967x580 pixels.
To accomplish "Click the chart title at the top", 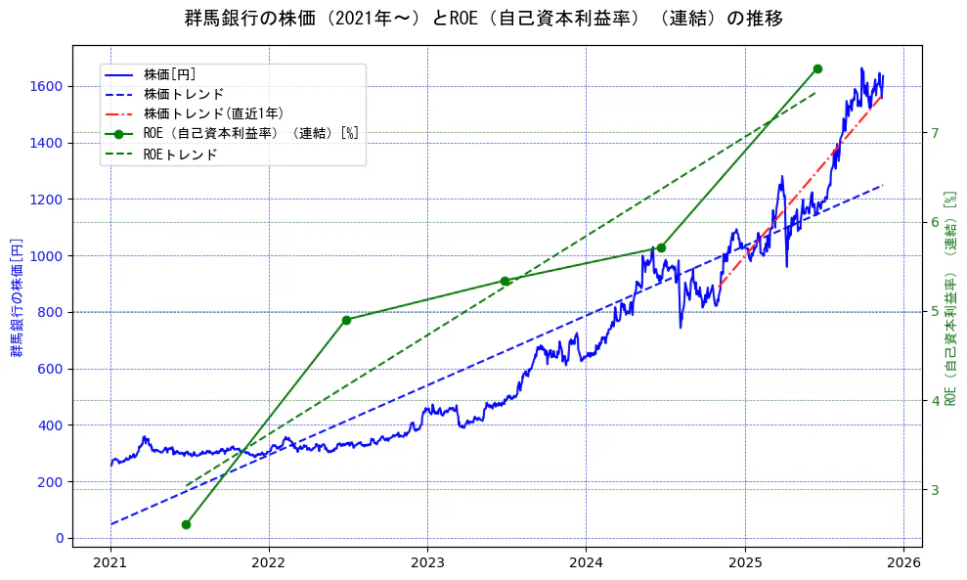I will tap(483, 19).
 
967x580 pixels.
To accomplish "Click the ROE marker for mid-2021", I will tap(186, 524).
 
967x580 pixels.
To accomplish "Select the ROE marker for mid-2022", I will tap(346, 320).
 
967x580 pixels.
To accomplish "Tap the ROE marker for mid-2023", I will tap(505, 281).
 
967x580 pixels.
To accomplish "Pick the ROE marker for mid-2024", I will tap(661, 247).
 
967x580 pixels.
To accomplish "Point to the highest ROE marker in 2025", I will tap(817, 68).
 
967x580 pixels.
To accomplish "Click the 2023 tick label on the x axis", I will tap(427, 564).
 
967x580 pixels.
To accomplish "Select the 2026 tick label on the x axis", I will tap(903, 564).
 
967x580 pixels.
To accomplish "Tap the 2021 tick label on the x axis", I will tap(110, 564).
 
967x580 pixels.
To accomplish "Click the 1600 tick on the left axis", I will tap(47, 86).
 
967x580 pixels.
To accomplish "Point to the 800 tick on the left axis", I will tap(51, 312).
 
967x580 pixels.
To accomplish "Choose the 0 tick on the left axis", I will tap(60, 538).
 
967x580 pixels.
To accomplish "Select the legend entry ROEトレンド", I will tap(180, 155).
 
